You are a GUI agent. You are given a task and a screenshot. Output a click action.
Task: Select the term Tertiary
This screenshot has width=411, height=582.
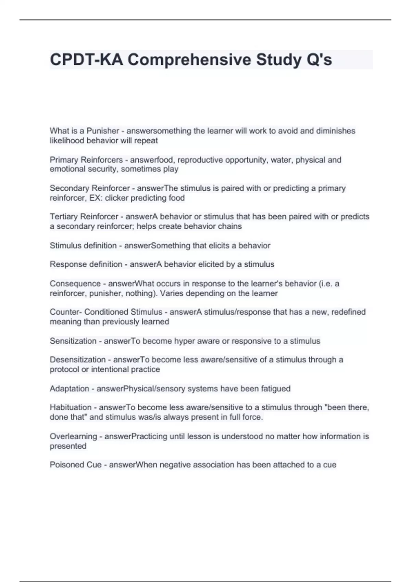click(x=64, y=217)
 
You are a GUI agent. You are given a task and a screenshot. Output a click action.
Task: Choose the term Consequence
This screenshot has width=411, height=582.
click(x=75, y=284)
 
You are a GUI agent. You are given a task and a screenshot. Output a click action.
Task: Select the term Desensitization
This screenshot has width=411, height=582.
click(x=78, y=360)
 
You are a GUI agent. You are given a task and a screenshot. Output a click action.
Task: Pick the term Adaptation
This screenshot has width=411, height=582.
click(x=69, y=389)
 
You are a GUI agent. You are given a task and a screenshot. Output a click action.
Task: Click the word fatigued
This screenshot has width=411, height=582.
click(x=276, y=389)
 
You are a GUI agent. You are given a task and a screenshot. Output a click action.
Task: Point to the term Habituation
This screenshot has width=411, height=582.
click(x=71, y=407)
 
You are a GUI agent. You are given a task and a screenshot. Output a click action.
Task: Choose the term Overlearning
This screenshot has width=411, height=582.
click(x=73, y=436)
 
